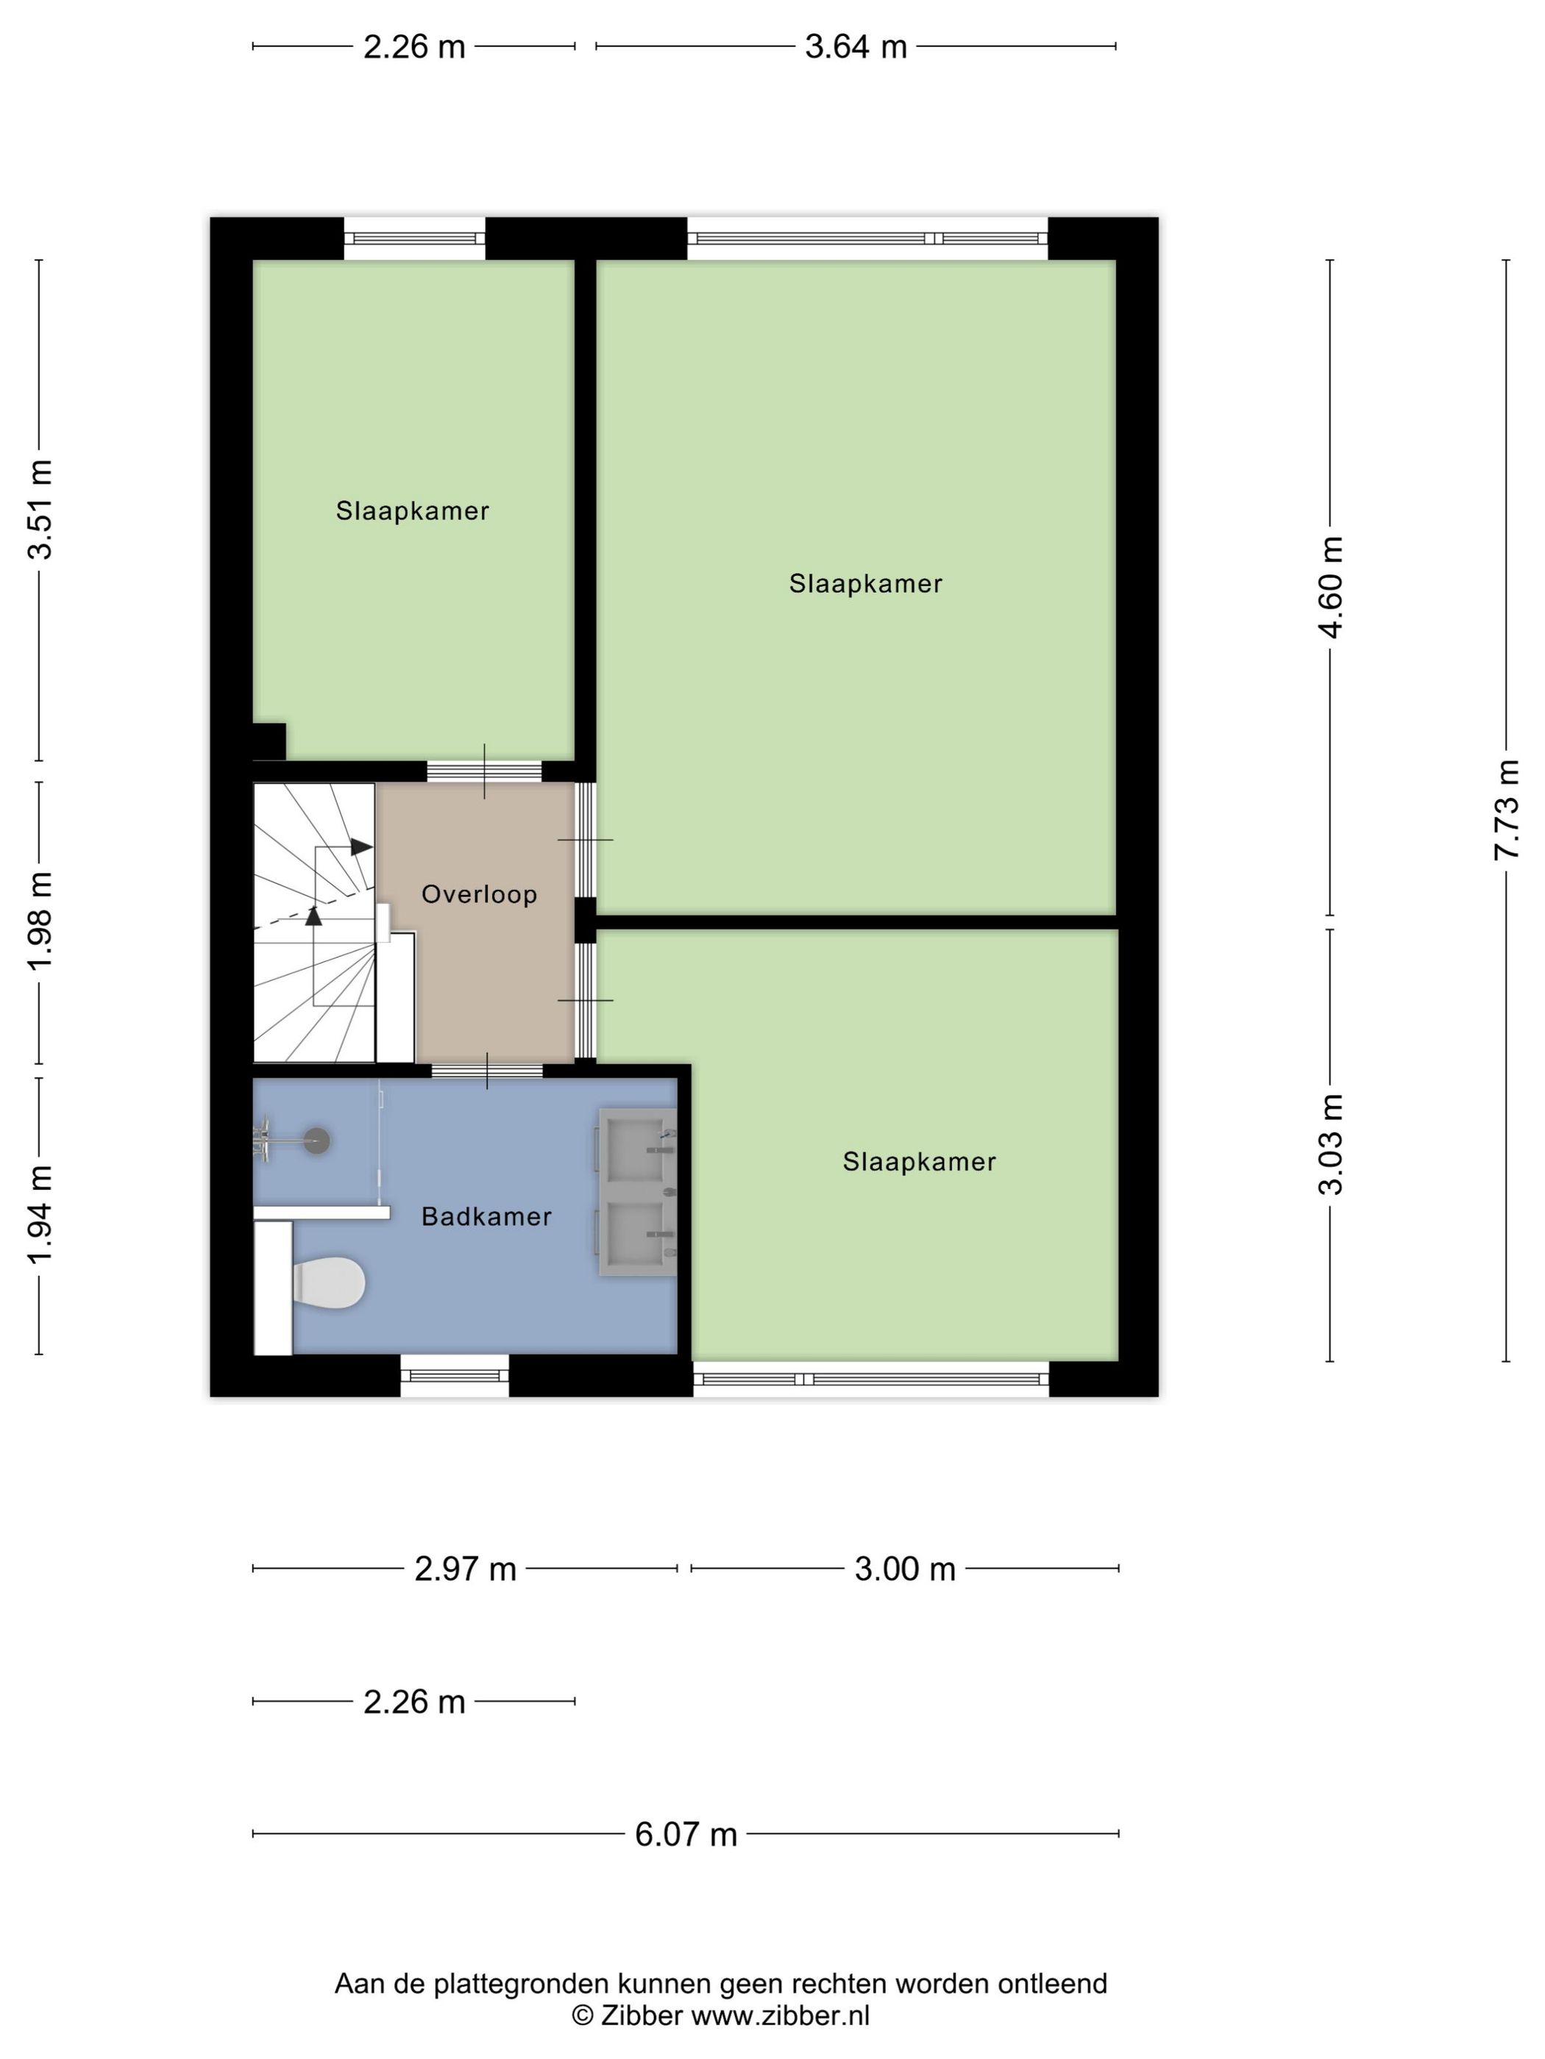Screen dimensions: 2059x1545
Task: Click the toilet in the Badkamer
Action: (x=328, y=1282)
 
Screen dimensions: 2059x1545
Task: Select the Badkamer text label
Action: (x=486, y=1216)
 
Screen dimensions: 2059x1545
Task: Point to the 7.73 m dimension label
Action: (x=1506, y=810)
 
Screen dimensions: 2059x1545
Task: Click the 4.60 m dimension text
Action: (x=1331, y=588)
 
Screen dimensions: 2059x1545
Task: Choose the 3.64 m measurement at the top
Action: (x=855, y=46)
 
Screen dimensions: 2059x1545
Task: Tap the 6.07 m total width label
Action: (x=686, y=1834)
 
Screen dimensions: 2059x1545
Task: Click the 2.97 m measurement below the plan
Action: (x=465, y=1569)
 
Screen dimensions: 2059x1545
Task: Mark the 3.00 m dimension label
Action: (x=904, y=1569)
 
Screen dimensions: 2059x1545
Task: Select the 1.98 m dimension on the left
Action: (x=40, y=921)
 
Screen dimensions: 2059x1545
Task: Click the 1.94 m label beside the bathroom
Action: (x=40, y=1216)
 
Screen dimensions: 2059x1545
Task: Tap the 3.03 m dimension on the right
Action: (x=1331, y=1145)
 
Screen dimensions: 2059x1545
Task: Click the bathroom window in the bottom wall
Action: (x=455, y=1375)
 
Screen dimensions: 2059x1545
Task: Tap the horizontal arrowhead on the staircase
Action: (x=361, y=847)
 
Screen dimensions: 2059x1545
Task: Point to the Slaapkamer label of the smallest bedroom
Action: (x=413, y=511)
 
